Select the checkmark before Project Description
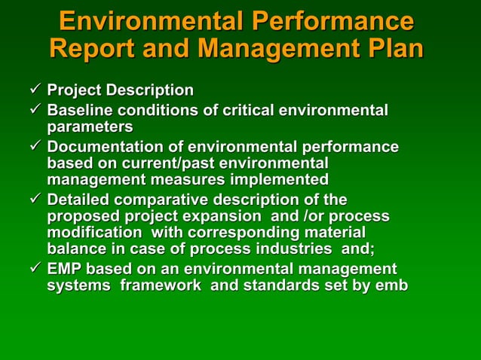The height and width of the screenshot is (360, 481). tap(35, 90)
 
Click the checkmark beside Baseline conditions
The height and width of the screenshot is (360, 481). tap(35, 111)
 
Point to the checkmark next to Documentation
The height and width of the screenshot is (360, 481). tap(35, 147)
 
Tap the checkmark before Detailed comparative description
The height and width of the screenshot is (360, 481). tap(35, 200)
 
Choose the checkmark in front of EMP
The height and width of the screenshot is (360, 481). tap(35, 269)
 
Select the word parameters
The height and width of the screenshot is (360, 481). tap(90, 127)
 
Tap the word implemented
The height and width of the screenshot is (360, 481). tap(283, 180)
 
